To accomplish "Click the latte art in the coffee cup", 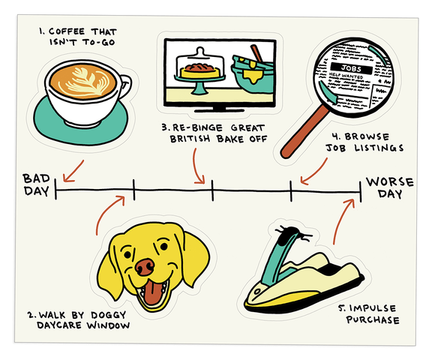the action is [83, 81].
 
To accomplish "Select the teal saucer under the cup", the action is [81, 121].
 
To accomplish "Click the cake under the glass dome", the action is [200, 70].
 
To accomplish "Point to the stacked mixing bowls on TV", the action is [253, 72].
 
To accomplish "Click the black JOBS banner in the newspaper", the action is [351, 68].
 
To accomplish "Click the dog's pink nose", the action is [145, 267].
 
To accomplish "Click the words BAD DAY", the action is [36, 184].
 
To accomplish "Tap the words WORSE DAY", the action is [389, 187].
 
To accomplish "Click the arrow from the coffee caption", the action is [73, 171].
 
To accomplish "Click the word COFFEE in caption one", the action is [67, 31].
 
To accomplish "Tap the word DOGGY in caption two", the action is [109, 314].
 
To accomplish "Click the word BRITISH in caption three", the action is [190, 139].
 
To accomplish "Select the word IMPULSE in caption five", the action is [374, 308].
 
